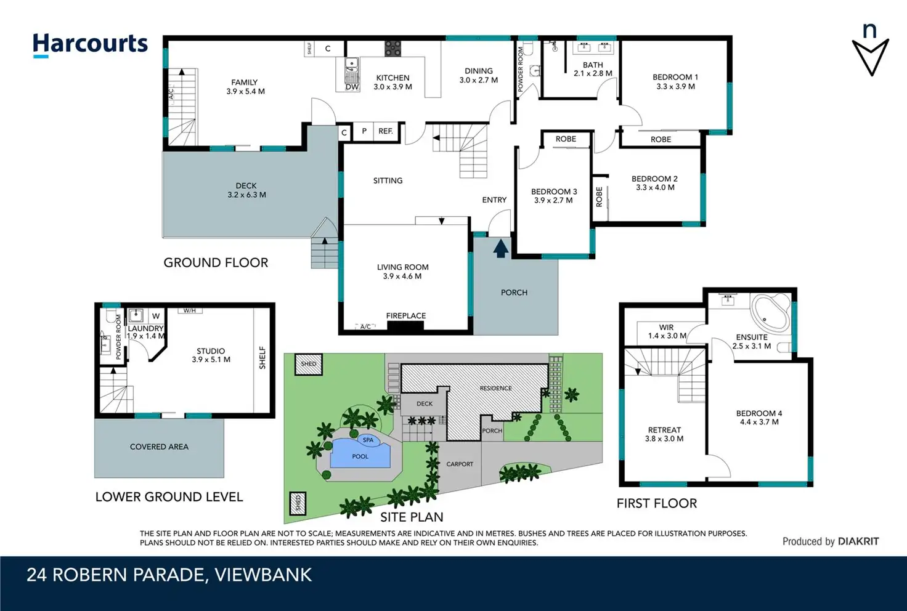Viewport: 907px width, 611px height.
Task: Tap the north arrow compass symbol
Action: (870, 50)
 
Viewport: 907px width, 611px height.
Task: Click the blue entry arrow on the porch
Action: (501, 248)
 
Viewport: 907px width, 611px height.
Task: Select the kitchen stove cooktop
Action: (392, 48)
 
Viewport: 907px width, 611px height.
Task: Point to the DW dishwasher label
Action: (352, 87)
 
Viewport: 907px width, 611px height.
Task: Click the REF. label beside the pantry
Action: (386, 131)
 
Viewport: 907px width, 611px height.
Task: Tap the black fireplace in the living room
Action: (405, 326)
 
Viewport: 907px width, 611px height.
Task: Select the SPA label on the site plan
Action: (368, 440)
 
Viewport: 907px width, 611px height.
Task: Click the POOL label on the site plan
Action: (360, 456)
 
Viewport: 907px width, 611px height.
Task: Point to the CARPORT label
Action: (460, 464)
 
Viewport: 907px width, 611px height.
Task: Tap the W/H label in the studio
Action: (190, 310)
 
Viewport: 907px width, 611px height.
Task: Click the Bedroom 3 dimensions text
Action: (553, 200)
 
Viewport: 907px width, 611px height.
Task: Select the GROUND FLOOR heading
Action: (216, 262)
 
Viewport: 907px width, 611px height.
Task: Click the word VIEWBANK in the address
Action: (263, 575)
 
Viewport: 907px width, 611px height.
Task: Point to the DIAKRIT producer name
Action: (858, 541)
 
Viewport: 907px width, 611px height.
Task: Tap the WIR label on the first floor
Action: (666, 327)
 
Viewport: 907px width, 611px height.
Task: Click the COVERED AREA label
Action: (159, 447)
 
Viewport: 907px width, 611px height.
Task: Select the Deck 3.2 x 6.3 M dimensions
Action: (246, 195)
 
